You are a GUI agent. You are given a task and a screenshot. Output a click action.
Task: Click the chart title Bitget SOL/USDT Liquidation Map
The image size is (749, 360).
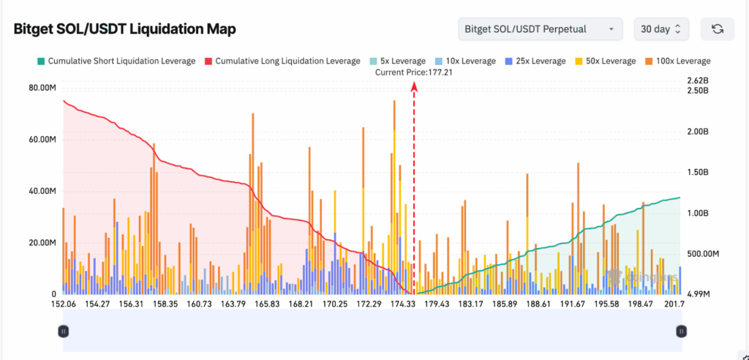pyautogui.click(x=124, y=29)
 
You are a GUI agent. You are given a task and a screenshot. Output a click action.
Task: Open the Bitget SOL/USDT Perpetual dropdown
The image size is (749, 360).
pyautogui.click(x=540, y=29)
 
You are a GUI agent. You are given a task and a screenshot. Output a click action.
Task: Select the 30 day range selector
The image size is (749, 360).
pyautogui.click(x=660, y=29)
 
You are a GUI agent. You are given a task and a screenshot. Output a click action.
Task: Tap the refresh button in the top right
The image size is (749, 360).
pyautogui.click(x=718, y=29)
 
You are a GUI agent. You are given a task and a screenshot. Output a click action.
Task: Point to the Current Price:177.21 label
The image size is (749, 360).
pyautogui.click(x=414, y=72)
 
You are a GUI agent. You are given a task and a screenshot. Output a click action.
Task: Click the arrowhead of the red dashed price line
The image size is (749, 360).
pyautogui.click(x=414, y=86)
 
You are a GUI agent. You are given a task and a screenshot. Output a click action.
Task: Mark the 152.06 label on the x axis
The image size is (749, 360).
pyautogui.click(x=64, y=304)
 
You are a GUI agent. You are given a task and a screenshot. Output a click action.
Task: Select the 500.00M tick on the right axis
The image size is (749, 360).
pyautogui.click(x=704, y=253)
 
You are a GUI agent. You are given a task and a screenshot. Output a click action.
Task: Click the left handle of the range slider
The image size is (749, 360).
pyautogui.click(x=63, y=331)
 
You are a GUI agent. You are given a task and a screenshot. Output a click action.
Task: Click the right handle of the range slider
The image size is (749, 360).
pyautogui.click(x=681, y=331)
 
